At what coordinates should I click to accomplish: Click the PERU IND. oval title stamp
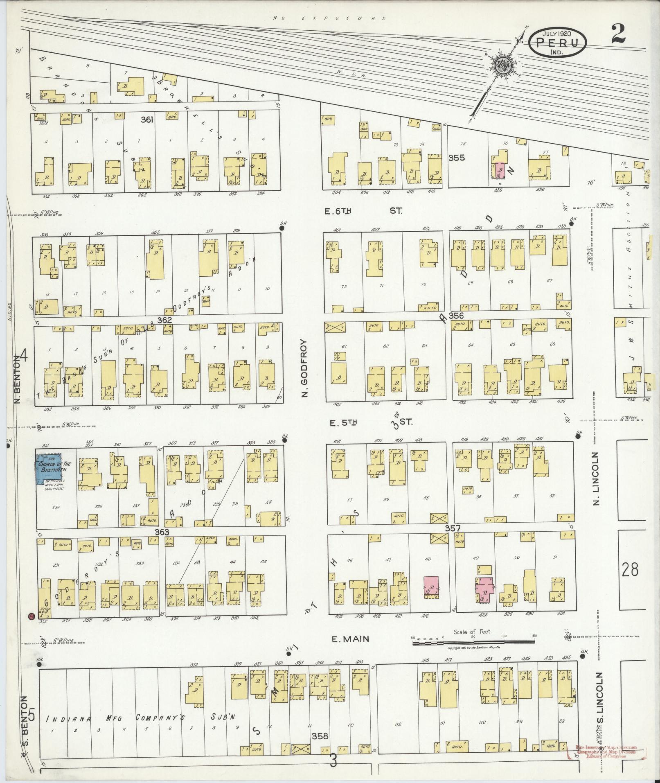pyautogui.click(x=557, y=43)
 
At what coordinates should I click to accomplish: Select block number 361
pyautogui.click(x=147, y=120)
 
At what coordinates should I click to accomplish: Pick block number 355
pyautogui.click(x=456, y=158)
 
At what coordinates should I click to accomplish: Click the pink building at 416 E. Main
pyautogui.click(x=430, y=588)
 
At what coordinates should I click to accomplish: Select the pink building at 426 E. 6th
pyautogui.click(x=500, y=170)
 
